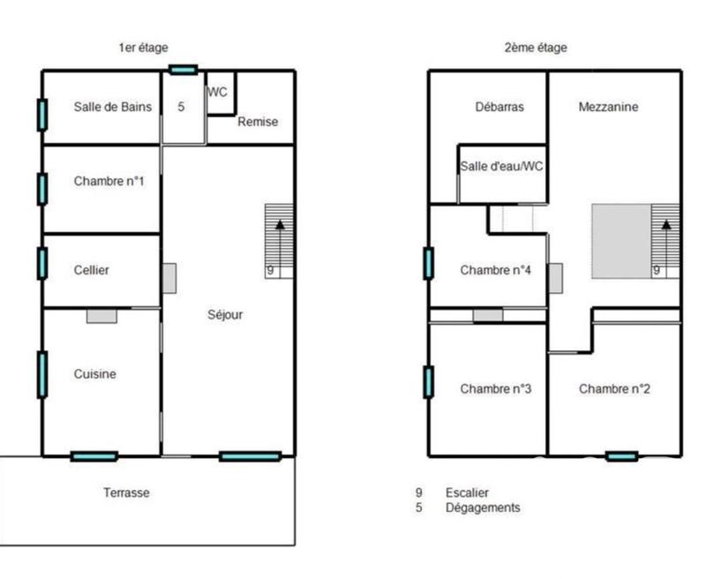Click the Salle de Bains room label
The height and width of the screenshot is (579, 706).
coord(113,107)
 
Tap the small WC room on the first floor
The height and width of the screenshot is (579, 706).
coord(219,93)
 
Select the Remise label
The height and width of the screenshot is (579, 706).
coord(258,122)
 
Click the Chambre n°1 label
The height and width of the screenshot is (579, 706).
coord(109,182)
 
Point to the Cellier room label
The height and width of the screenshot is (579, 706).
coord(92,270)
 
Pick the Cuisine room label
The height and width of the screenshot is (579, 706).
coord(94,374)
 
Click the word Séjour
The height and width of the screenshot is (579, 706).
coord(226,314)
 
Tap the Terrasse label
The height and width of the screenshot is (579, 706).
coord(126,493)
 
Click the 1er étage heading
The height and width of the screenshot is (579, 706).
coord(143,48)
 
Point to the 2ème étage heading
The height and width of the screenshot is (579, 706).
coord(536,48)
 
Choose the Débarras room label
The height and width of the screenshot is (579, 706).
coord(499,107)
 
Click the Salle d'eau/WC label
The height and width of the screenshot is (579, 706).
coord(501,167)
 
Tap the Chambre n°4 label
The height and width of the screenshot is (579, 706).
coord(495,270)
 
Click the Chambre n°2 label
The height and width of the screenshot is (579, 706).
coord(614,388)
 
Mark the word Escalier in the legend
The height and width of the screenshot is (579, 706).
coord(468,493)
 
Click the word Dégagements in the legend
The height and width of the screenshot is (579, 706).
coord(482,508)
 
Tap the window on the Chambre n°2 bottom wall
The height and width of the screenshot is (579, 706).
coord(621,456)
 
